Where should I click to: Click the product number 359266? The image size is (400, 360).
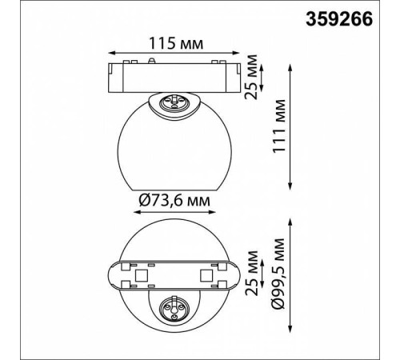(x=339, y=19)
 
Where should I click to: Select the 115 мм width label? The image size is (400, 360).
(x=176, y=43)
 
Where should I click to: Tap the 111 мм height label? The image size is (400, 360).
(x=279, y=126)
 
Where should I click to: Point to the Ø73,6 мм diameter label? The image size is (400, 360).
(x=174, y=200)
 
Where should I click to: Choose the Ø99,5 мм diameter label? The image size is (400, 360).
(x=278, y=274)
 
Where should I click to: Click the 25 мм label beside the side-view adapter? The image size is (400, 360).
(x=251, y=77)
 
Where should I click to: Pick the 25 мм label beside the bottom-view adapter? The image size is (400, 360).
(x=251, y=274)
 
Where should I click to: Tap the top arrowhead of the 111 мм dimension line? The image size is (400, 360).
(x=290, y=67)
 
